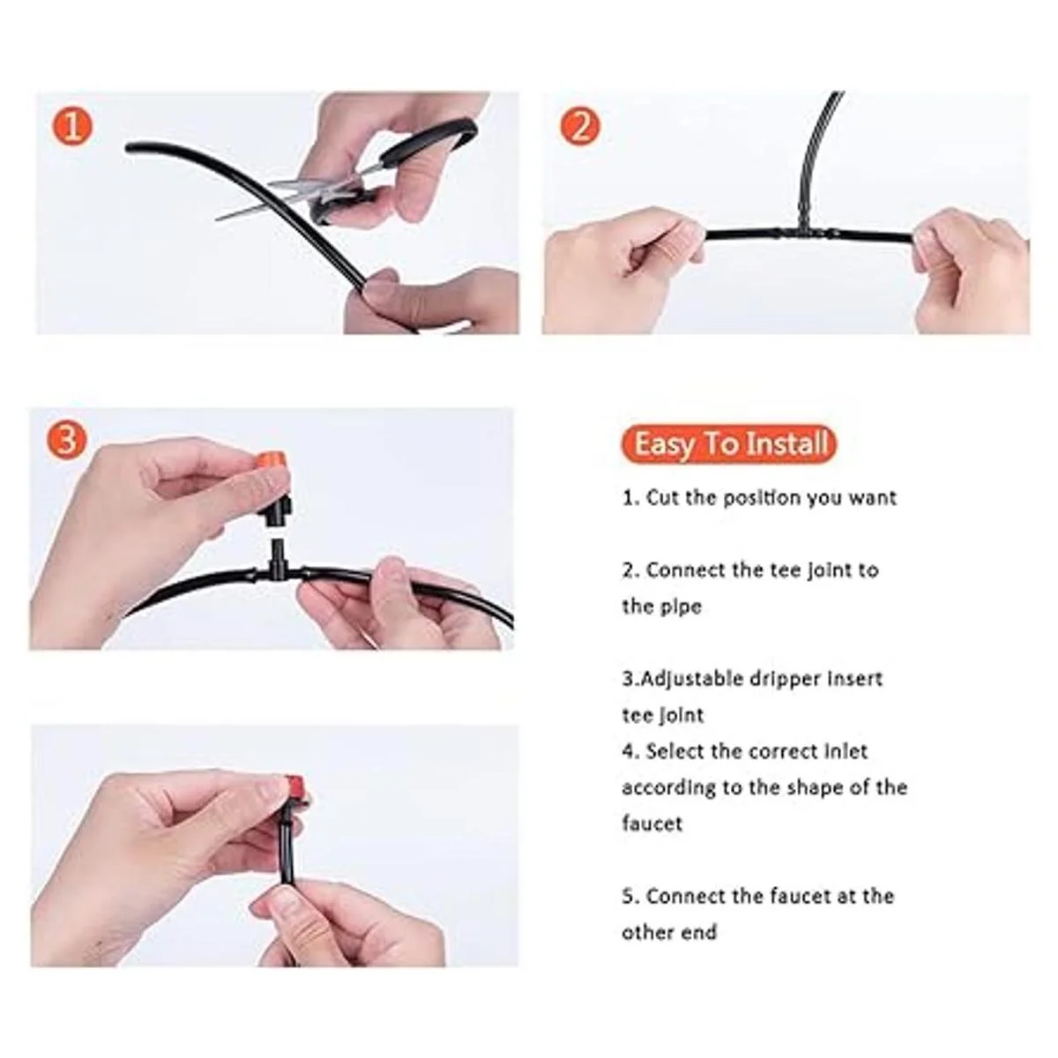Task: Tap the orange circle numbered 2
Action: [581, 126]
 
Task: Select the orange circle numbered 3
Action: [66, 440]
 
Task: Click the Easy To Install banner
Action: [730, 443]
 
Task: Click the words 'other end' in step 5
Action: [669, 932]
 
